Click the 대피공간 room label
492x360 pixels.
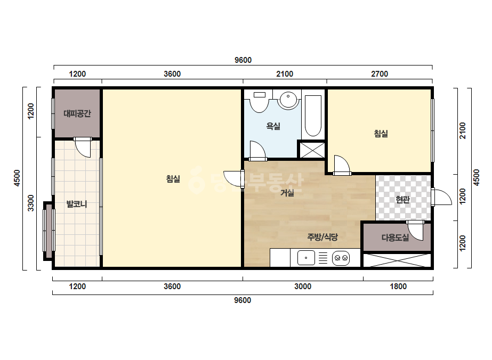tap(77, 113)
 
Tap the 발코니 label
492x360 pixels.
tap(77, 204)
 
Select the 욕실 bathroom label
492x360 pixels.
tap(273, 126)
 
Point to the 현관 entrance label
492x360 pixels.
tap(402, 199)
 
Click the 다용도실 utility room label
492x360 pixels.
tap(395, 238)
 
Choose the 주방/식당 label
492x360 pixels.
tap(322, 237)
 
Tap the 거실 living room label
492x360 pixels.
tap(287, 193)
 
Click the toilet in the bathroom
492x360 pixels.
tap(259, 101)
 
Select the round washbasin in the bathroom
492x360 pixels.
tap(288, 100)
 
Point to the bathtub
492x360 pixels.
tap(313, 116)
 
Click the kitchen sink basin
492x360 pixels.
tap(306, 258)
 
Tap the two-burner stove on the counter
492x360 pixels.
tap(341, 258)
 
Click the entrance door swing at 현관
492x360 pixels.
tap(442, 197)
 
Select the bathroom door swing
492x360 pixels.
tap(257, 150)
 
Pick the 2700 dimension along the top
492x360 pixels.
tap(380, 74)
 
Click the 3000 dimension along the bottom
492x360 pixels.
tap(302, 287)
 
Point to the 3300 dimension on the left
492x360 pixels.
tap(30, 203)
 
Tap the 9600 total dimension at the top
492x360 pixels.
tap(243, 60)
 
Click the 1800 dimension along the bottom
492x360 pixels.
tap(398, 287)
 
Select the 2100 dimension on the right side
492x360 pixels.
tap(462, 131)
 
